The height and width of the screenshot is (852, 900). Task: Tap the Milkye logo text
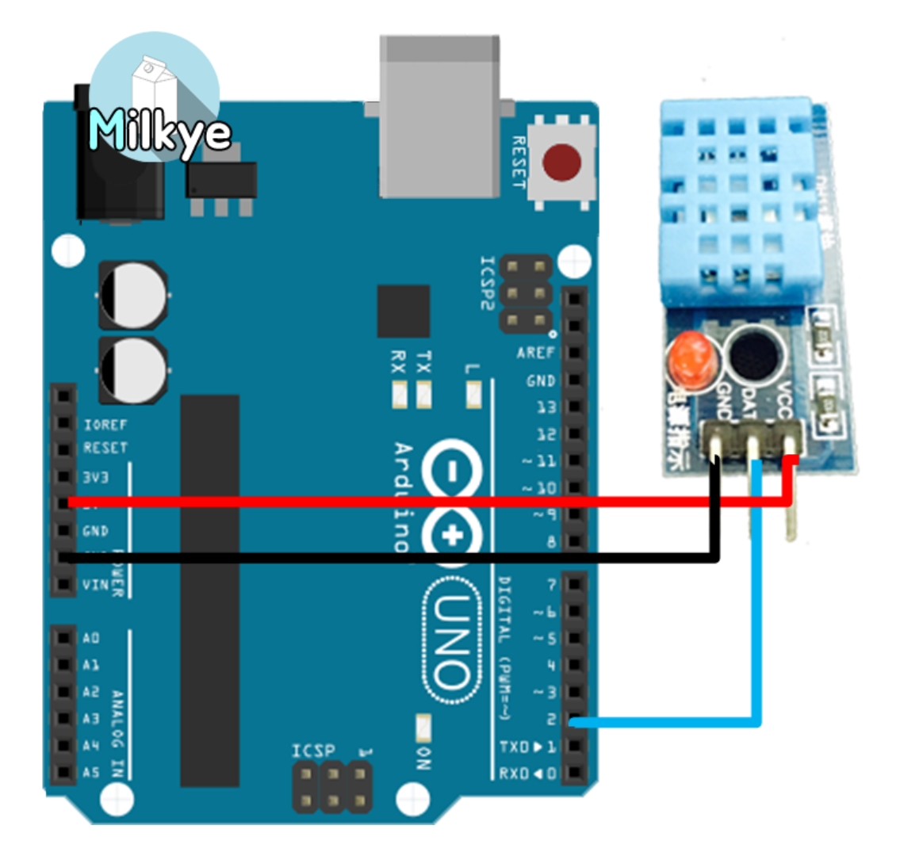(159, 131)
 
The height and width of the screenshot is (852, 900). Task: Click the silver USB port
(439, 119)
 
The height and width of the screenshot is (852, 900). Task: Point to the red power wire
(396, 502)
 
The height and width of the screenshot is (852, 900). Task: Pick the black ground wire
(396, 559)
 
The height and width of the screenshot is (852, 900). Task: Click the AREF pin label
(535, 353)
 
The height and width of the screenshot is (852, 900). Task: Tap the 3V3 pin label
(95, 477)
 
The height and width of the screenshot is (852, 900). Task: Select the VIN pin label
(95, 586)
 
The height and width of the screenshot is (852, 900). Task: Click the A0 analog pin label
(91, 638)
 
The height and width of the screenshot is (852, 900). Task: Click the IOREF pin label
(105, 425)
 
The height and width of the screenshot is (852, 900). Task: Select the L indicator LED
(474, 394)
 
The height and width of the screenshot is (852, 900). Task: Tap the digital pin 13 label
(546, 407)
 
